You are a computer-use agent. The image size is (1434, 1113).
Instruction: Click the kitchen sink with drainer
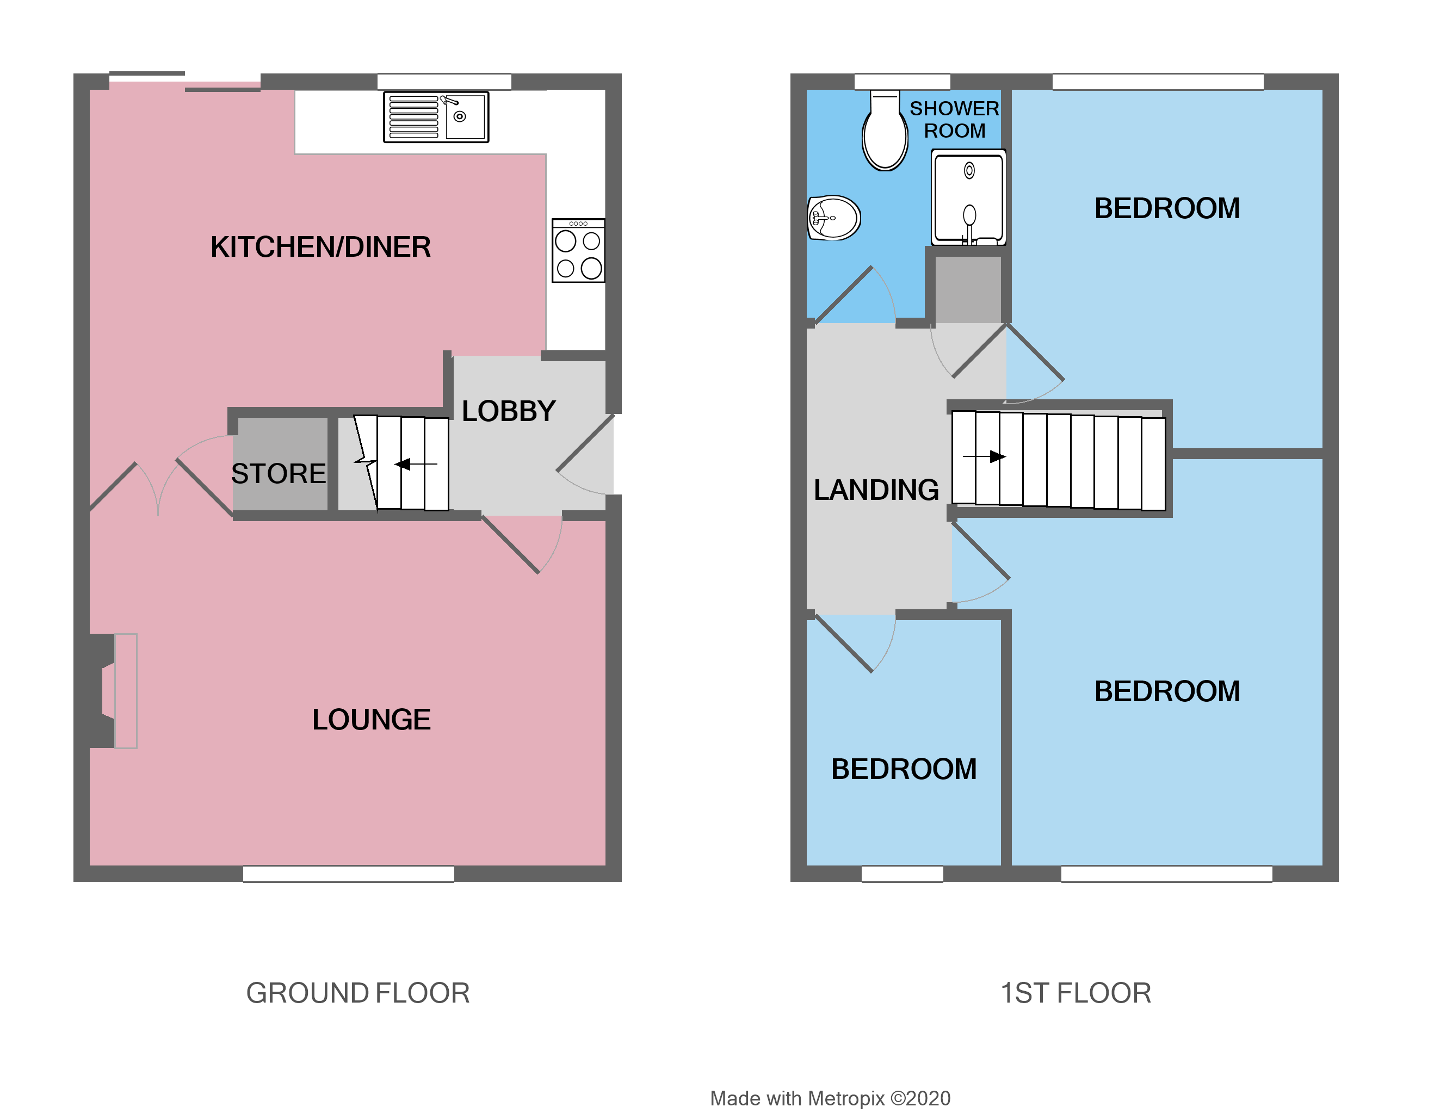click(436, 117)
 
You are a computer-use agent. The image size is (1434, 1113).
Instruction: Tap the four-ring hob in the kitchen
click(578, 251)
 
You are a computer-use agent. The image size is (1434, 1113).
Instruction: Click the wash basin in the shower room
click(833, 218)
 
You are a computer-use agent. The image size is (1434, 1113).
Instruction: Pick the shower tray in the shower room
click(968, 197)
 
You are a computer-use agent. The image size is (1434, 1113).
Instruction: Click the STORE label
click(279, 473)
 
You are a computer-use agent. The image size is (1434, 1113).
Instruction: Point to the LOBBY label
click(508, 411)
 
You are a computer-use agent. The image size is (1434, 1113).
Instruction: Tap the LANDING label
click(876, 490)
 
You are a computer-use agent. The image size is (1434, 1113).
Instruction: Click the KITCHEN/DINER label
click(320, 247)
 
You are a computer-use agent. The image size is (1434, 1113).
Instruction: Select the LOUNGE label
click(371, 720)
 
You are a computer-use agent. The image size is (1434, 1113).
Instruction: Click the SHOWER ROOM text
click(954, 120)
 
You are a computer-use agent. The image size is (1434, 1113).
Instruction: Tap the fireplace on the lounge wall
click(118, 691)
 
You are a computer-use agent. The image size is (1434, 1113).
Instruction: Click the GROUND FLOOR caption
click(358, 993)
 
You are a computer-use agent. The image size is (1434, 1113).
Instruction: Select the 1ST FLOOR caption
click(1075, 993)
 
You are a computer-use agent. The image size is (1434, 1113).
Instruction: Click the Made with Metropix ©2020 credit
click(830, 1098)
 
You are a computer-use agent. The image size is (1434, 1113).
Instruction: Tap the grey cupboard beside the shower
click(968, 289)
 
